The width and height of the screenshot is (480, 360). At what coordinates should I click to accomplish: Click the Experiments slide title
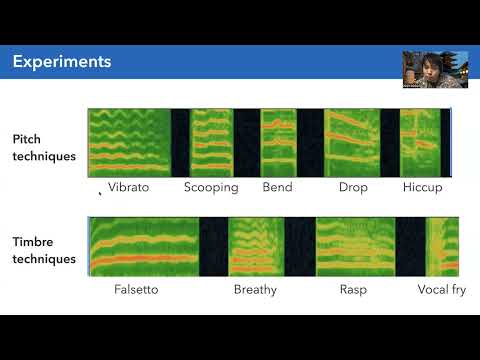point(61,62)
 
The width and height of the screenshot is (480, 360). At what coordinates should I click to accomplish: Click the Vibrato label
point(129,187)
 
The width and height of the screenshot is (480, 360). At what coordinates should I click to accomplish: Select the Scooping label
point(211,187)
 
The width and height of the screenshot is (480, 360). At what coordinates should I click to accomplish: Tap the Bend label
point(277,187)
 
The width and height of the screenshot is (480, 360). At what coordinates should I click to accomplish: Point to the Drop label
point(353,187)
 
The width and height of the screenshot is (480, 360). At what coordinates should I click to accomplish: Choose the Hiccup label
point(422,187)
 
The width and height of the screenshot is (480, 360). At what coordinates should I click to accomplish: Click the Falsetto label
point(136,290)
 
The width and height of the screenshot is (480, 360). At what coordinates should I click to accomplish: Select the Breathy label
point(255,290)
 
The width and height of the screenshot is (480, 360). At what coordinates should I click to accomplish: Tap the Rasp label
point(353,290)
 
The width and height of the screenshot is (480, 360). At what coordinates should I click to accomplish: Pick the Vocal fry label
point(441,290)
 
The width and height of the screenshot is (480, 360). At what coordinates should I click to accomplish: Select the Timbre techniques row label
point(44,250)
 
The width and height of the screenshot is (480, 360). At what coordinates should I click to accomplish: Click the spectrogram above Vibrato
point(129,142)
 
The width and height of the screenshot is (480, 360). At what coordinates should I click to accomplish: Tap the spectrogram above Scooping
point(211,142)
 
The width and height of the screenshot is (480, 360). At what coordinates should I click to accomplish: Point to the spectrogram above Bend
point(279,142)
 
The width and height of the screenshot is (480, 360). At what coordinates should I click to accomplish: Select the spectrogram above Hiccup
point(421,142)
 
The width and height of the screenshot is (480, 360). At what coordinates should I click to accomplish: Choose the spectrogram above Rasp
point(356,246)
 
